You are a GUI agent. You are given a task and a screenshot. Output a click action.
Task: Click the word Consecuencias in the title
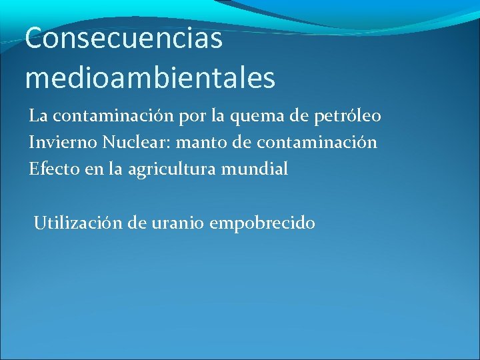pos(123,39)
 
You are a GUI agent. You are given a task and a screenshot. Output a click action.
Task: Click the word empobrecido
pos(262,223)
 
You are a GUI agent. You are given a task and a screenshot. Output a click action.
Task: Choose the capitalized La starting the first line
pos(37,117)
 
